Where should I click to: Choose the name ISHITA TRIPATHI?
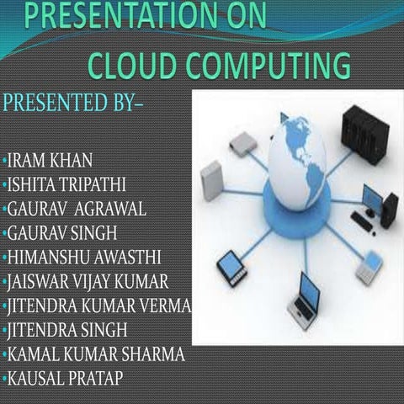(x=72, y=183)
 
